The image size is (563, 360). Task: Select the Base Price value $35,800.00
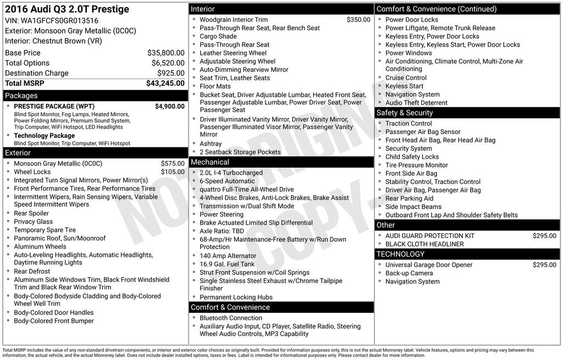[165, 53]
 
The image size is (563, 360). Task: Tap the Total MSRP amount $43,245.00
[165, 83]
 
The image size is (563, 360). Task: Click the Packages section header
[21, 96]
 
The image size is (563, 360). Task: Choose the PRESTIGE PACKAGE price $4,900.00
[169, 106]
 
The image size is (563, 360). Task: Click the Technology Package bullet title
[44, 136]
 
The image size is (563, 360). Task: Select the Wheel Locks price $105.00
[173, 172]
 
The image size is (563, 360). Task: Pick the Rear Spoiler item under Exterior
[31, 213]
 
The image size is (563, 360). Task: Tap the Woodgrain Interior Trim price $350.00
[358, 20]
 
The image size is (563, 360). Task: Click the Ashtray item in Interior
[211, 144]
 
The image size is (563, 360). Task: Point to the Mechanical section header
[209, 162]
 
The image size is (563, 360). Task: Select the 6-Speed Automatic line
[227, 181]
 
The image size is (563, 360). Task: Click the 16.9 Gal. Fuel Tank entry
[227, 264]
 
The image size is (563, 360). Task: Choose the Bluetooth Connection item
[231, 318]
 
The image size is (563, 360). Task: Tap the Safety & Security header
[405, 113]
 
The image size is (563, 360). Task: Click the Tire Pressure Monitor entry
[416, 165]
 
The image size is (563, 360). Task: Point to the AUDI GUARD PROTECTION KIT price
[544, 236]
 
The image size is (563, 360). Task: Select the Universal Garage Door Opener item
[429, 265]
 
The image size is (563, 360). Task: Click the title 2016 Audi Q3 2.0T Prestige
[67, 9]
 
